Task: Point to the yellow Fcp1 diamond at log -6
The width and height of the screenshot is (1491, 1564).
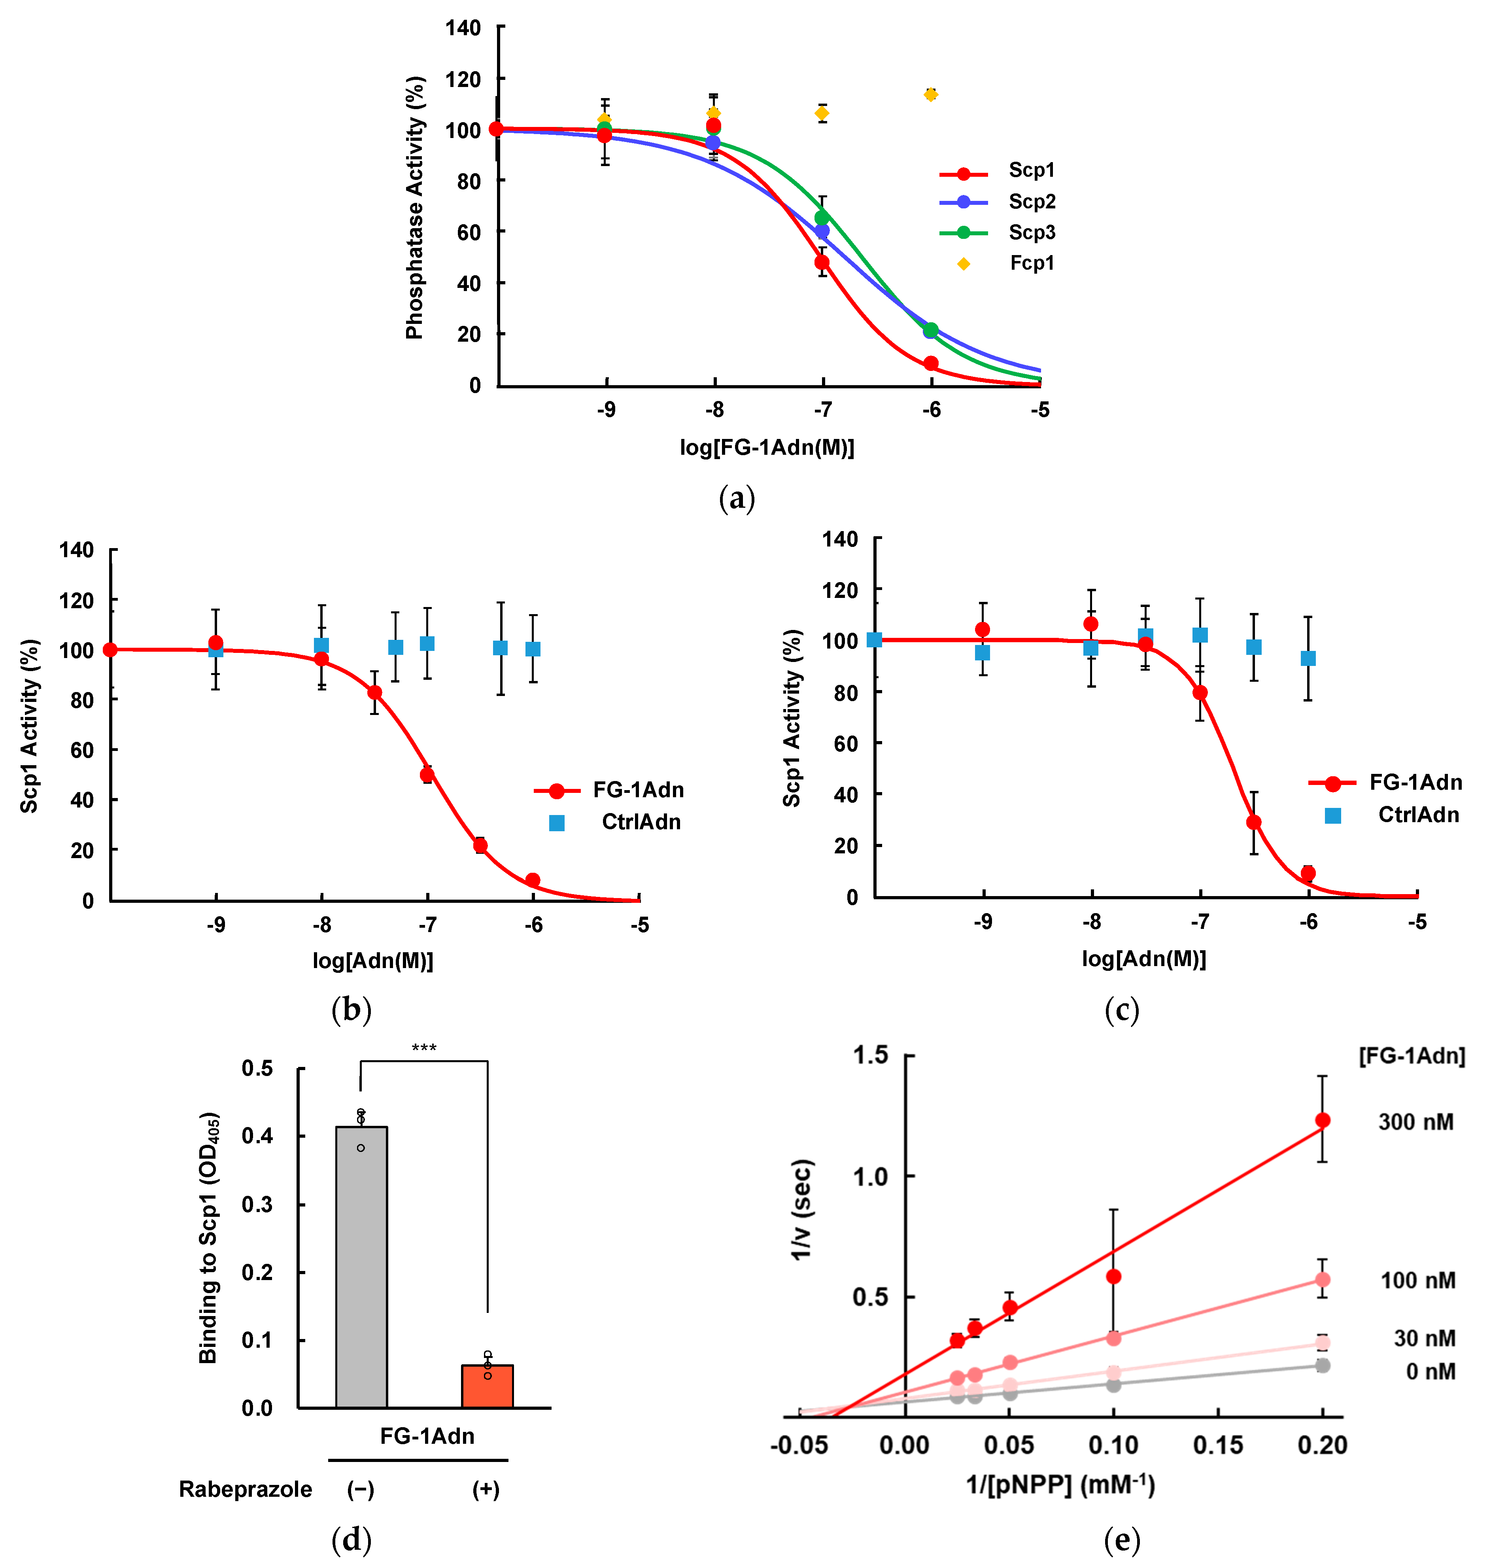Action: (x=931, y=95)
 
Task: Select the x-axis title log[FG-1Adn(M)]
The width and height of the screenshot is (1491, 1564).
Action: (x=767, y=447)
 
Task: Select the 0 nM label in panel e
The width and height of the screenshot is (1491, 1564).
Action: (x=1431, y=1372)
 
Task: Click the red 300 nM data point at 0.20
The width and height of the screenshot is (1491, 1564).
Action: (x=1323, y=1121)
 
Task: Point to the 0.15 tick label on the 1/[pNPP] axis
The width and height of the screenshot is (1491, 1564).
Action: (x=1219, y=1446)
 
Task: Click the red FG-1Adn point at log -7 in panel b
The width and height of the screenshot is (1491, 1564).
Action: (x=427, y=774)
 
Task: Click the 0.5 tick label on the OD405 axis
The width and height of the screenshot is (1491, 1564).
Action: (x=257, y=1068)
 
